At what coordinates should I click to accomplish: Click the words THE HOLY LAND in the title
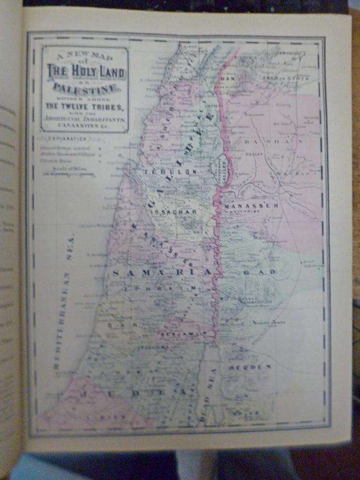coord(85,70)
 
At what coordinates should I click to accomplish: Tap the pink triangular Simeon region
coord(90,402)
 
